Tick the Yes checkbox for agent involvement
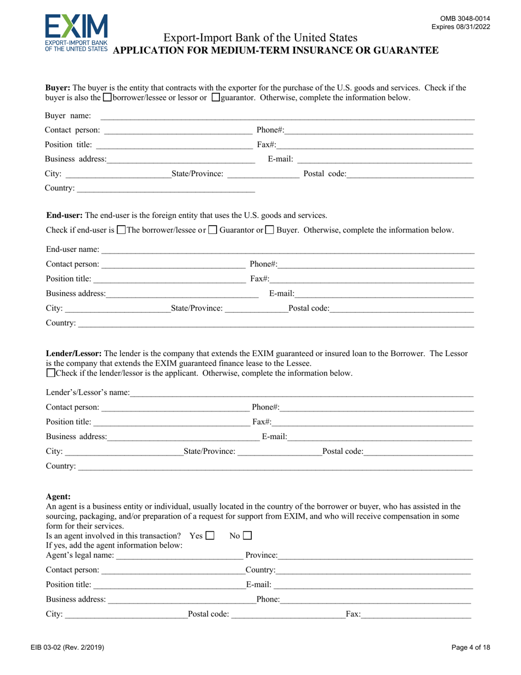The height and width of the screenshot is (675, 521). coord(209,535)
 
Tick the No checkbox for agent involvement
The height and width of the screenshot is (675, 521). coord(247,535)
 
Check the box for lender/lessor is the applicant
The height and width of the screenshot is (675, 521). coord(51,373)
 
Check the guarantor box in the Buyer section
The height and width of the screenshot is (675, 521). coord(216,98)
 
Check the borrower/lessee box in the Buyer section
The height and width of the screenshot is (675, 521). coord(107,98)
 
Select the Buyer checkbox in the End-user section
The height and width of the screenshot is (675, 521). coord(269,230)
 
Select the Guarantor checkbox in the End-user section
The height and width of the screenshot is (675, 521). coord(213,230)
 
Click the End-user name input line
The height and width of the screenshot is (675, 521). coord(287,251)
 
